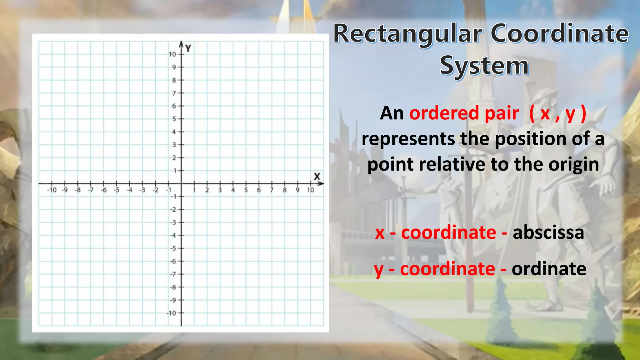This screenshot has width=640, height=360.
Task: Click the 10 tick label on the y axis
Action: point(172,54)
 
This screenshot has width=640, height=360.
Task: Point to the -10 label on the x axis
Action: point(52,190)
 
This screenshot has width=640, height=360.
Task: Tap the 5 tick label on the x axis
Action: point(246,190)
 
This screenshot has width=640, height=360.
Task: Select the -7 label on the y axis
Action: point(173,274)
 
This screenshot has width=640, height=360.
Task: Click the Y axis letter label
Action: point(188,48)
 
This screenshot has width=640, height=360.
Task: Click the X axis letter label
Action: point(317,177)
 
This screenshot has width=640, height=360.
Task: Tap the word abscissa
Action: point(548,232)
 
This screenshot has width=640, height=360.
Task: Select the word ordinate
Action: point(549,269)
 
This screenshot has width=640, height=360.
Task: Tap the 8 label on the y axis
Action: point(174,80)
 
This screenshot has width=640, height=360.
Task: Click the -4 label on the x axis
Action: point(129,190)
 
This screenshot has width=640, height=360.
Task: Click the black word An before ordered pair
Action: point(392,113)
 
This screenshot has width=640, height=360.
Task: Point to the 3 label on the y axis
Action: point(174,145)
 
